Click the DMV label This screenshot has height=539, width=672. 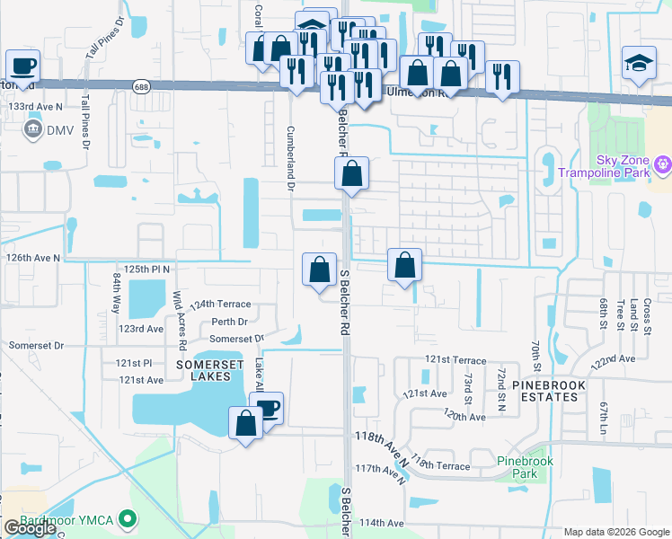coord(60,130)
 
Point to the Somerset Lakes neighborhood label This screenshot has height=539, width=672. coord(209,370)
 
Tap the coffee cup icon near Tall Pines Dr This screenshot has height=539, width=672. coord(22,66)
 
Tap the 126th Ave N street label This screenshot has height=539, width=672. coord(33,258)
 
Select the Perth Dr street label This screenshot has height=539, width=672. coord(229,322)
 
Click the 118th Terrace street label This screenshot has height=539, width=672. coord(442,466)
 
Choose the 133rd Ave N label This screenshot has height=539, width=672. coord(36,107)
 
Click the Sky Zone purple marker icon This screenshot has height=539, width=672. coord(663,164)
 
